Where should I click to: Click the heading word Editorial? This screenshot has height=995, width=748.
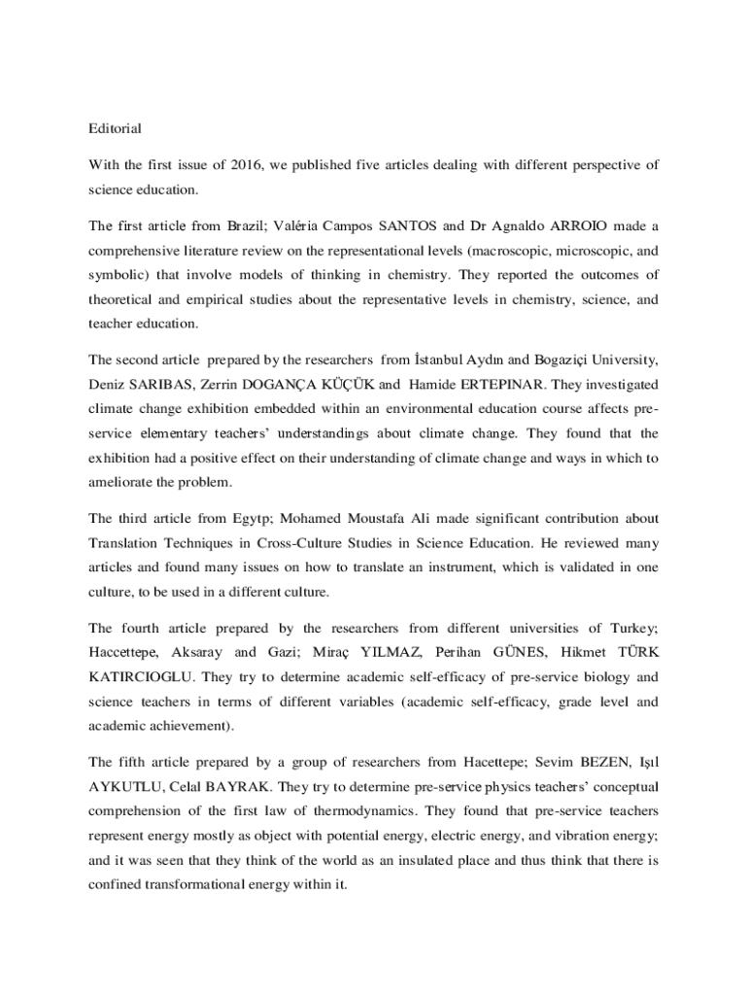click(x=116, y=128)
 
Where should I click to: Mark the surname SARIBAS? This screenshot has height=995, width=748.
click(x=162, y=385)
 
